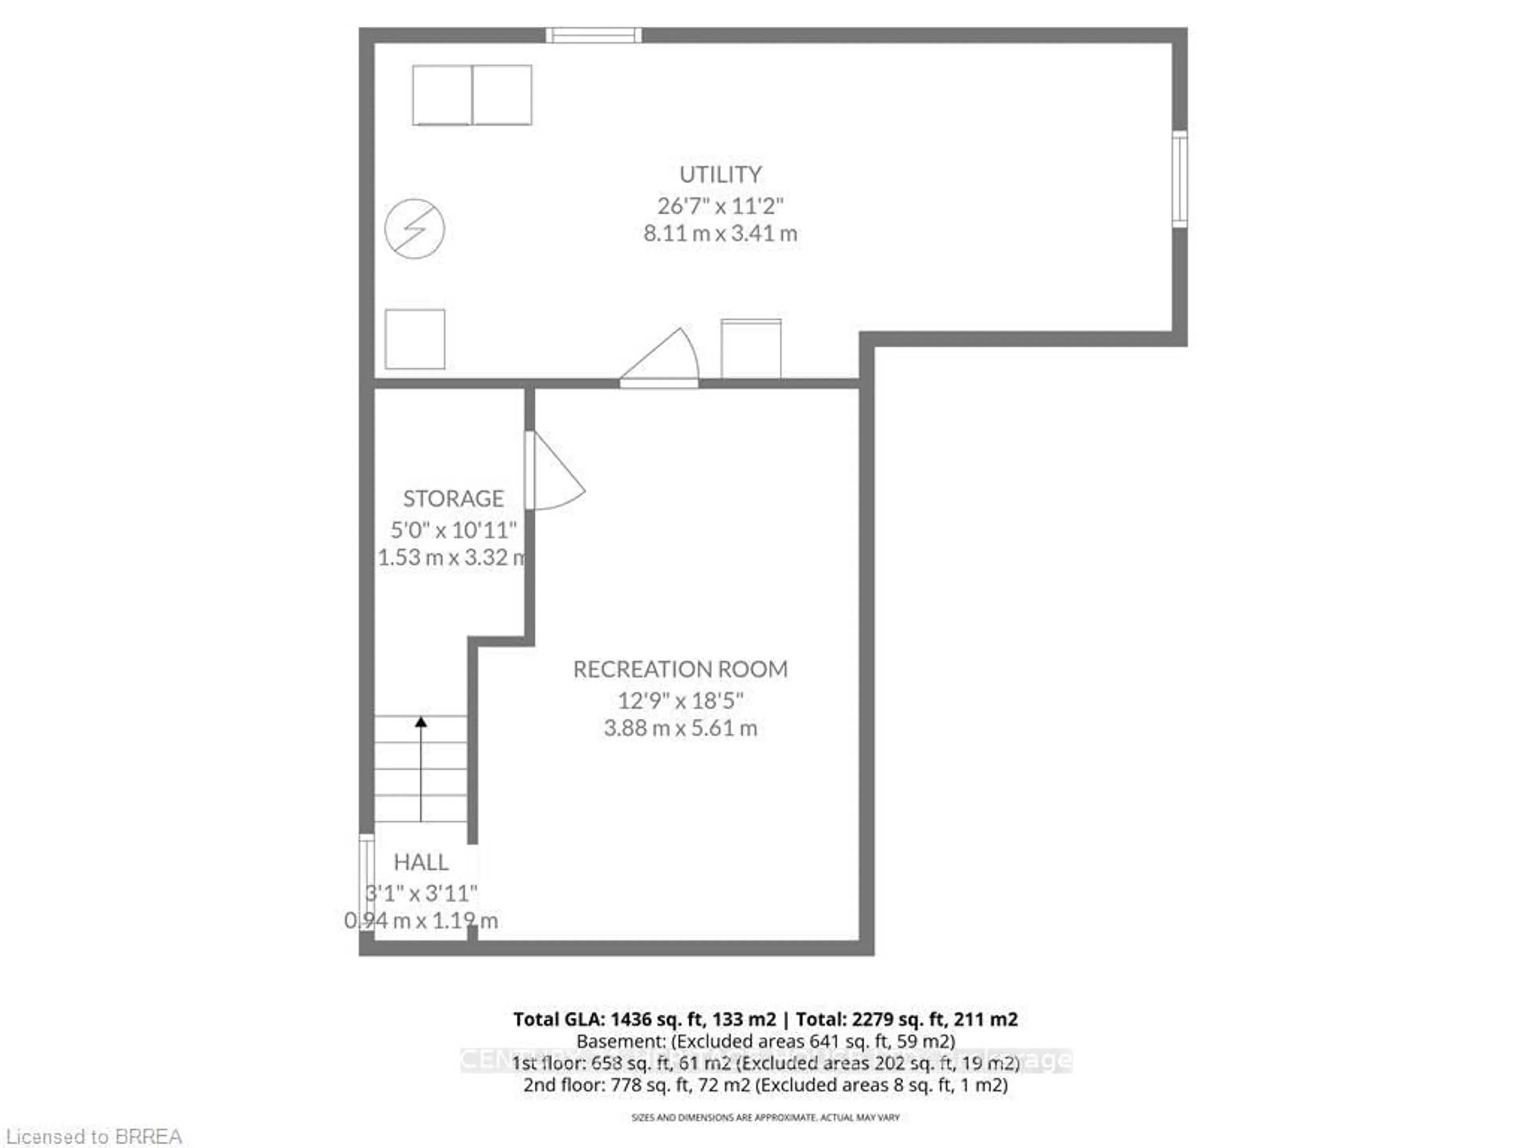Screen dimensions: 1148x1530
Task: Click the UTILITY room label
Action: point(720,174)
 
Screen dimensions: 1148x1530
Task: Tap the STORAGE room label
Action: point(453,498)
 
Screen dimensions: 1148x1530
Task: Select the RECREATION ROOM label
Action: point(680,669)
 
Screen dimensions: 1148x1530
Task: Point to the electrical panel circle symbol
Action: point(414,229)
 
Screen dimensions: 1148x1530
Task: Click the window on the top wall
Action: point(593,35)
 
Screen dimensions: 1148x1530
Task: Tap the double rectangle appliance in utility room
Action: point(473,96)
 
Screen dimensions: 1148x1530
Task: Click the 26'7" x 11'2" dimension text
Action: point(720,206)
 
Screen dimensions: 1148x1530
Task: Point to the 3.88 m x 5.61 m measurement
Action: point(680,728)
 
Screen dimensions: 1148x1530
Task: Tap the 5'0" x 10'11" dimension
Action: point(453,530)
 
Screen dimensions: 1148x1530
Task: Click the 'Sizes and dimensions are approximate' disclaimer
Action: point(765,1117)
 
